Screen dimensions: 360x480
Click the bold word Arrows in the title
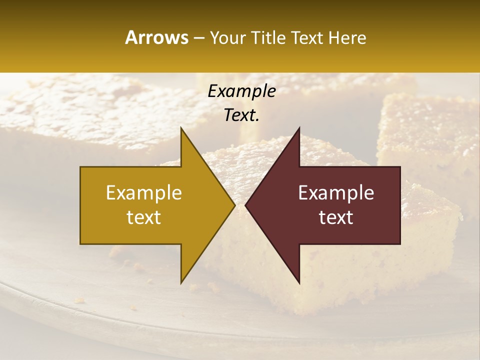coord(156,37)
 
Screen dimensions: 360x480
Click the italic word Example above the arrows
coord(241,91)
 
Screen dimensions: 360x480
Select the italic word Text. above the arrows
coord(241,115)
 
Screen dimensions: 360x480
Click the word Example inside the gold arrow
coord(144,192)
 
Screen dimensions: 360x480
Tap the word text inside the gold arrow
coord(144,217)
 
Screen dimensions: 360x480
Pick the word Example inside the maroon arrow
coord(336,192)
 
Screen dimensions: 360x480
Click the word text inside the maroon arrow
coord(336,217)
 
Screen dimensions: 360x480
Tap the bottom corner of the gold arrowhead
coord(181,282)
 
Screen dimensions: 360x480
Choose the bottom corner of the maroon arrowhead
coord(299,282)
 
